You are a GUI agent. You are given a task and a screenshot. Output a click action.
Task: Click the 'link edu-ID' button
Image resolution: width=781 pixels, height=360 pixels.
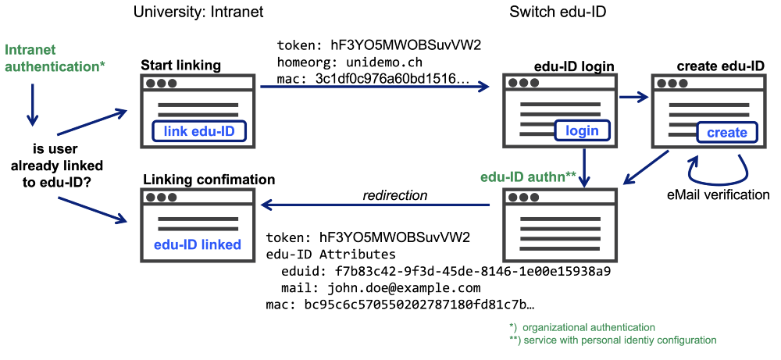(199, 131)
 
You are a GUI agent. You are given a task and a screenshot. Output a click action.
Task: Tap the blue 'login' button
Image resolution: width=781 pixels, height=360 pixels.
(582, 130)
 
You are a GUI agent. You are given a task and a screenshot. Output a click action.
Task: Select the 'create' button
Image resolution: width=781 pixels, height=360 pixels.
(726, 133)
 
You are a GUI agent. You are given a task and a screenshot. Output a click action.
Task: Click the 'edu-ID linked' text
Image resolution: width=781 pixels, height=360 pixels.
(198, 244)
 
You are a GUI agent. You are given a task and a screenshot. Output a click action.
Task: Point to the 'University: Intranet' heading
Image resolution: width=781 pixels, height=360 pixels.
(198, 11)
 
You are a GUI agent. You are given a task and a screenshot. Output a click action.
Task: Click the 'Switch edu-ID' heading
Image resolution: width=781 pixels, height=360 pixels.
(557, 11)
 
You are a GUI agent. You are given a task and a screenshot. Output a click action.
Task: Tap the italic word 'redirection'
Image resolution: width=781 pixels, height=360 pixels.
(395, 195)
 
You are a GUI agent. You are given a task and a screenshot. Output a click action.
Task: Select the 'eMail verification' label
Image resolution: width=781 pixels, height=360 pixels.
(718, 194)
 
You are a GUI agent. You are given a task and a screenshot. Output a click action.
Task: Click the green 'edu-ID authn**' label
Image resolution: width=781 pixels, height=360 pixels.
(529, 176)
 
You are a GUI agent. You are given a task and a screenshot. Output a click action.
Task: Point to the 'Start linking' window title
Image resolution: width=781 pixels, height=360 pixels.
(181, 66)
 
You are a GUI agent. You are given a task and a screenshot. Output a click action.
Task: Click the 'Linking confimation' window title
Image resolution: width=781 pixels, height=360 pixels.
(209, 180)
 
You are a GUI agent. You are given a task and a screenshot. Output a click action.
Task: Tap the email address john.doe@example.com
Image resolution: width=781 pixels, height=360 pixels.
(404, 287)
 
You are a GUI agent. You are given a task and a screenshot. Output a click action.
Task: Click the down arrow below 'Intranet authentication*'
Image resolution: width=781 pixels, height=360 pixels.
(32, 105)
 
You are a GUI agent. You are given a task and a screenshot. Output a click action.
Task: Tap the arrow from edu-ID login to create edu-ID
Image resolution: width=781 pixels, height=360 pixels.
(633, 98)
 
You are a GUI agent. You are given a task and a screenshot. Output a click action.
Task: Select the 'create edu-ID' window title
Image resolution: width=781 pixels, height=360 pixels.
(720, 66)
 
